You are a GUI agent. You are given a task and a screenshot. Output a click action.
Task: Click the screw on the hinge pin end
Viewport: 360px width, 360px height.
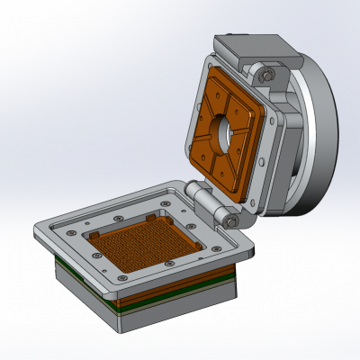click(x=232, y=221)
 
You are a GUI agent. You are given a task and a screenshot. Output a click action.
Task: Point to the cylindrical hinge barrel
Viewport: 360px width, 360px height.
click(x=211, y=205)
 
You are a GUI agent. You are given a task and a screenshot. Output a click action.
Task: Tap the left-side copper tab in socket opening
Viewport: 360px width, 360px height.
click(x=93, y=234)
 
